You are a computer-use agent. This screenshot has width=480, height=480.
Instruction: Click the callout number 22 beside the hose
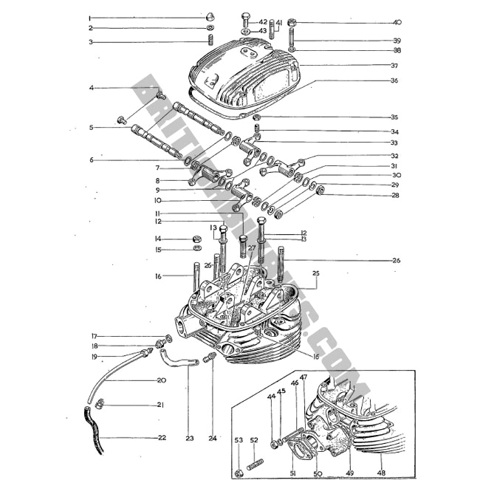pos(162,438)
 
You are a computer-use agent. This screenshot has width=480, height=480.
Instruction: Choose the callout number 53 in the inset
pos(238,440)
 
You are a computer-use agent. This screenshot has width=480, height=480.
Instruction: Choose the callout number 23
pos(189,438)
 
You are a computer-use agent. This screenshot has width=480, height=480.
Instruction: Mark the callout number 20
pos(162,380)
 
